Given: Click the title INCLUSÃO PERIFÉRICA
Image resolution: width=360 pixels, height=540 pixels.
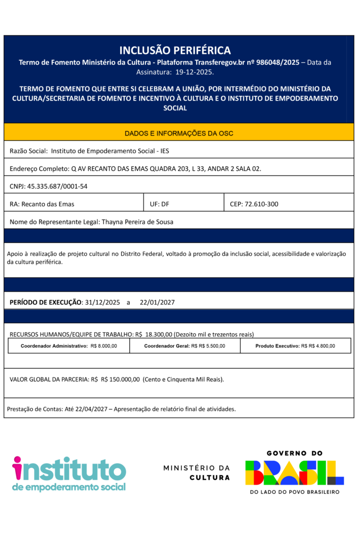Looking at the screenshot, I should click(x=175, y=51).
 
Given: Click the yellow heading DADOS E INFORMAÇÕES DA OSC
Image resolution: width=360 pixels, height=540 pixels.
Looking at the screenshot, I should click(x=179, y=133).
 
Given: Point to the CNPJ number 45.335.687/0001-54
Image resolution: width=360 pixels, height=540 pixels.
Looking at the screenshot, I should click(x=57, y=186).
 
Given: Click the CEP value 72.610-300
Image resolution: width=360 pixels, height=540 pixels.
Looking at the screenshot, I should click(x=261, y=204).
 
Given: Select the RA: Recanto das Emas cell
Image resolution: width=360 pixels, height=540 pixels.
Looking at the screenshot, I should click(x=42, y=204).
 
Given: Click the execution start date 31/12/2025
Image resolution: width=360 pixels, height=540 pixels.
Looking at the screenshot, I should click(x=103, y=302).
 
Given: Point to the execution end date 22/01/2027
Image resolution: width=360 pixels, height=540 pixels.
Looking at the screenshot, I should click(x=157, y=302).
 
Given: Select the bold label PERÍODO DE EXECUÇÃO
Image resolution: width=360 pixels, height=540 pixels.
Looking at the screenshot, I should click(x=46, y=302).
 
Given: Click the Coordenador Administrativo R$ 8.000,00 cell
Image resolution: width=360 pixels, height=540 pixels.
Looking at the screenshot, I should click(x=69, y=346).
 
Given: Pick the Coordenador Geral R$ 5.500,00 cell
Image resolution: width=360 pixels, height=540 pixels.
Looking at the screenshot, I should click(x=184, y=346).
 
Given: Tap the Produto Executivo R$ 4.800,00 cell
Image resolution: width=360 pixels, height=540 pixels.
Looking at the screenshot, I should click(x=295, y=346).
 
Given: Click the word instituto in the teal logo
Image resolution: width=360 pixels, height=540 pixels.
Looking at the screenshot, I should click(x=69, y=469).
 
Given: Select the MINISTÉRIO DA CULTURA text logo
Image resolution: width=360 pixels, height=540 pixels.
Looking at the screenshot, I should click(x=197, y=472).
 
